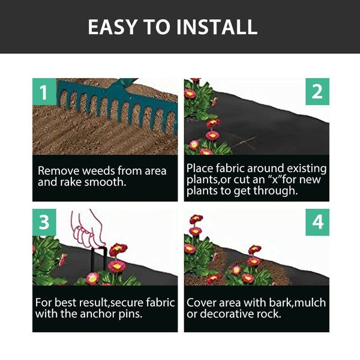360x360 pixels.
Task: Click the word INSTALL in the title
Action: (223, 27)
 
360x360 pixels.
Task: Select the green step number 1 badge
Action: (43, 92)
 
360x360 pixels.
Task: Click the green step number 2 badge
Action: (317, 92)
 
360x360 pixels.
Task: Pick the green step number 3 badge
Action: (43, 222)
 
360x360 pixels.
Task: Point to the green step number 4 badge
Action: (317, 222)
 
